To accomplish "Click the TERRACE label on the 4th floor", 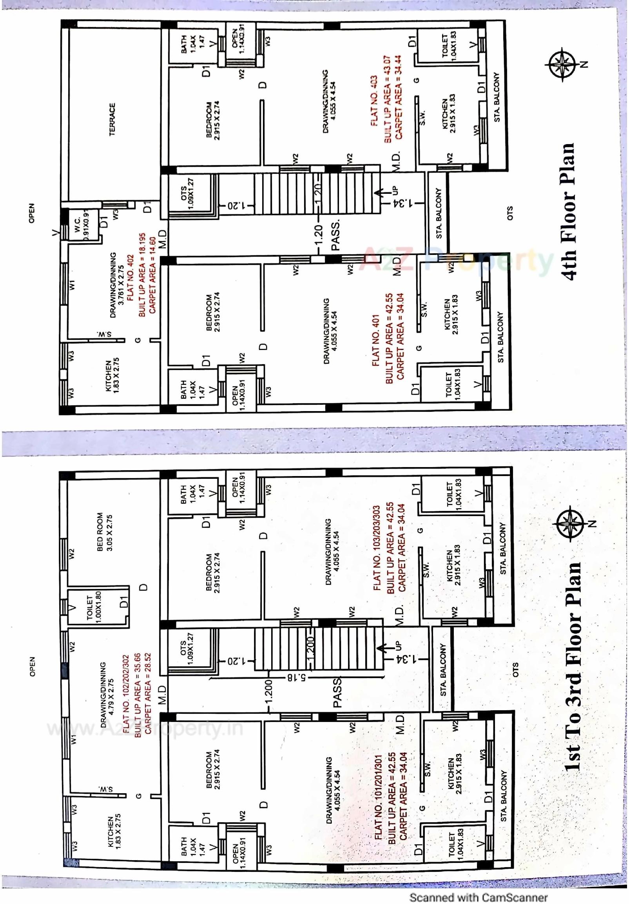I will pos(112,119).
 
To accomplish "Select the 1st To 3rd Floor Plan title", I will pos(574,665).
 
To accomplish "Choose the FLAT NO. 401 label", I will pos(376,340).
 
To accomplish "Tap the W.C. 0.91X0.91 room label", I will pos(82,224).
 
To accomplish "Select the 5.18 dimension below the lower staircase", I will pos(296,678).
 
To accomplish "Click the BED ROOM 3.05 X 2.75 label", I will pos(104,532).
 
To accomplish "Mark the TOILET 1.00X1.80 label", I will pos(94,607).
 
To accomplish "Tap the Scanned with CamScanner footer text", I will pos(478,897).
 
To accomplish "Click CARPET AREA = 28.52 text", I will pos(148,693).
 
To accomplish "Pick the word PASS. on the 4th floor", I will pos(336,236).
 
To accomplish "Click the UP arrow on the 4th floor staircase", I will pos(380,193).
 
